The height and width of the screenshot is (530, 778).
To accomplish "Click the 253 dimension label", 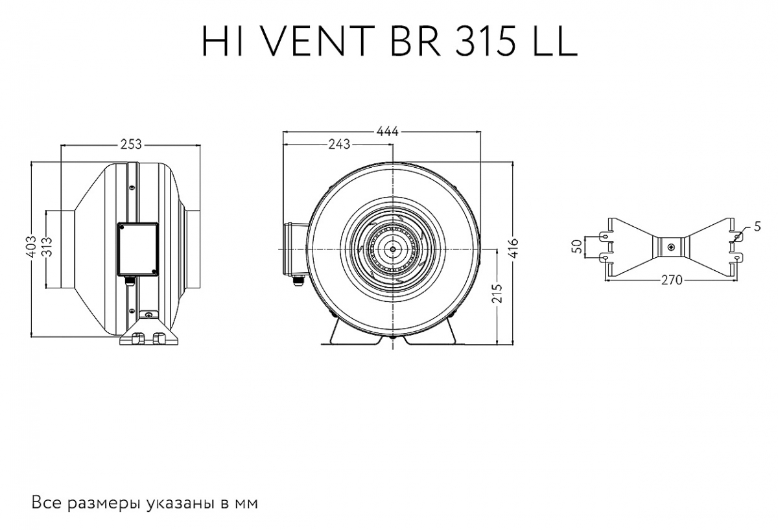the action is pos(131,144).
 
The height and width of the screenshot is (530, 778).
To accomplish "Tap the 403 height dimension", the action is pos(32,247).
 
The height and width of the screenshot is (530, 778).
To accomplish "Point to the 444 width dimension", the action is pos(387,132).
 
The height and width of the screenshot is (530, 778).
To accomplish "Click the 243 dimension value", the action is pos(339,144).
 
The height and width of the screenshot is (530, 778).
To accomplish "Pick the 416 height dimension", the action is pos(514,247).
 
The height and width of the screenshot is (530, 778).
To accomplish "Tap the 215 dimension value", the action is pos(498,294).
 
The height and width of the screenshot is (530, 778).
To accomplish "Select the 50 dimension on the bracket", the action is pos(576,246).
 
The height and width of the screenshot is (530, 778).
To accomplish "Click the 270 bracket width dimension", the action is pos(672,280).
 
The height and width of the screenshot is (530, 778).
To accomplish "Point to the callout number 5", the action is pos(757,227).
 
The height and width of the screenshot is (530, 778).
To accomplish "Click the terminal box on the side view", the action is pos(138,249).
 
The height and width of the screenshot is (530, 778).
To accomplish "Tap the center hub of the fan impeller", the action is pos(392,249).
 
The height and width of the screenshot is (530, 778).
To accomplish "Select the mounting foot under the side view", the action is pos(148,332).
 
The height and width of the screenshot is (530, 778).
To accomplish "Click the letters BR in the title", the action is pos(415,41).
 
